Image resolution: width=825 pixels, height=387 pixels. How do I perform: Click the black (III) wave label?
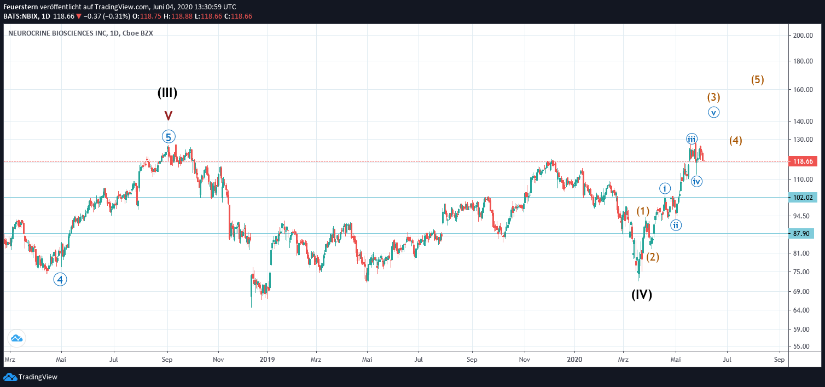[x=167, y=93]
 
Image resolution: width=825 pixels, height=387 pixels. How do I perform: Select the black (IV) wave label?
[x=642, y=294]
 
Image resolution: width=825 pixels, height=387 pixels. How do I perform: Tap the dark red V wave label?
[x=169, y=115]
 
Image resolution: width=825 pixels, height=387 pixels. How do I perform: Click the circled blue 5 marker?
[x=169, y=137]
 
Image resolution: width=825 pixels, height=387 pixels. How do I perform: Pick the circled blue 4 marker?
[x=60, y=279]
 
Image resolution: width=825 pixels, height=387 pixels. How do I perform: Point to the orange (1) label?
[x=643, y=211]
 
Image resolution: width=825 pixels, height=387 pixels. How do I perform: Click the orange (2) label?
[x=653, y=257]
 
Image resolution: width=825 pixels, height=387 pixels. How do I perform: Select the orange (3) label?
[x=713, y=97]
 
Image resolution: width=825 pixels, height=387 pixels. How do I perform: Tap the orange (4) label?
[x=736, y=140]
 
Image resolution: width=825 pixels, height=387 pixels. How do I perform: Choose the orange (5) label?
[x=757, y=79]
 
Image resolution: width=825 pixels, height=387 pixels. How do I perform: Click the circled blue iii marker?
[x=692, y=139]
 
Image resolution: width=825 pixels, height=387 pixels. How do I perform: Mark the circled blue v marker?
[x=713, y=112]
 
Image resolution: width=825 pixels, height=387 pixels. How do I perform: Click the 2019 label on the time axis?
[x=267, y=360]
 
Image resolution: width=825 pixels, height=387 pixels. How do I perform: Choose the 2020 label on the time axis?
[x=574, y=360]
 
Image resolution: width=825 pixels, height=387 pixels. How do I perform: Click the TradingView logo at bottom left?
[x=31, y=377]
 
